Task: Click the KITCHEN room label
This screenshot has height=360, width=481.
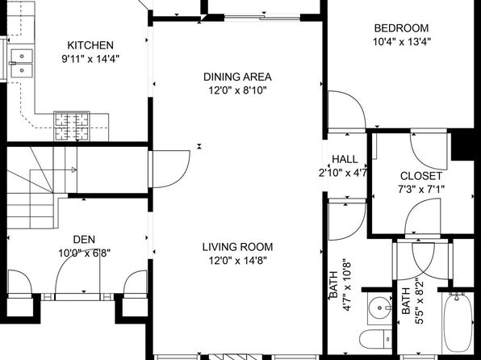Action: tap(90, 45)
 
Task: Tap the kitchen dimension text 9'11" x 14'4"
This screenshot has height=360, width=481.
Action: tap(90, 59)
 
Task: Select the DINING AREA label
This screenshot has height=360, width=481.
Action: tap(237, 77)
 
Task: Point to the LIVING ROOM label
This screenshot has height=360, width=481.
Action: tap(237, 247)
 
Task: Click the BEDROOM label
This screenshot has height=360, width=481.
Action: tap(401, 28)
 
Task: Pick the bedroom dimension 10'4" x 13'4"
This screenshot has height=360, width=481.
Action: tap(402, 41)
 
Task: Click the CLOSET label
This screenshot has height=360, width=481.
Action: tap(421, 176)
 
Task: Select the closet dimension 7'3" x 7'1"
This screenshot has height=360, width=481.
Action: tap(421, 190)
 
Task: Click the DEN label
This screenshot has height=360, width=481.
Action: tap(84, 240)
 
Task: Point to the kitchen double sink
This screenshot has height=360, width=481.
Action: tap(22, 63)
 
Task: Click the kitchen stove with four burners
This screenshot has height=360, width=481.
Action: tap(72, 126)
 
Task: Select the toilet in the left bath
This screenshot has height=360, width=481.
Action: tap(375, 338)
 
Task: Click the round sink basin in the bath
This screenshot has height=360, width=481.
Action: tap(380, 308)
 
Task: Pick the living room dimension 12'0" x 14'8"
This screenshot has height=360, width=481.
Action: tap(237, 261)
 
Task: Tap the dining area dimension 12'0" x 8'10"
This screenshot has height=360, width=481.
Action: tap(237, 90)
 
